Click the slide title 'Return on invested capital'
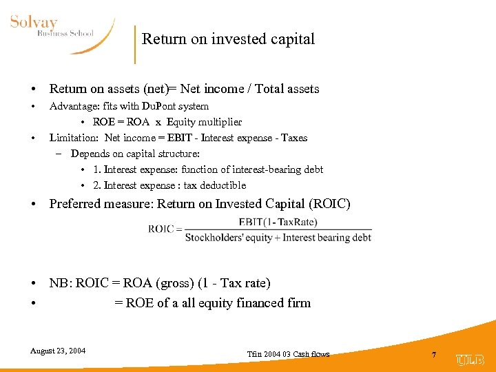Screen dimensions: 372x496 pyautogui.click(x=228, y=39)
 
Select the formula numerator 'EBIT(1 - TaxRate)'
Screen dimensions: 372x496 pyautogui.click(x=278, y=222)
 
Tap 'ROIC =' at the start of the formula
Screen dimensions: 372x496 pyautogui.click(x=165, y=229)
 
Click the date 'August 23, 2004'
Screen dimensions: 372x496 pyautogui.click(x=58, y=351)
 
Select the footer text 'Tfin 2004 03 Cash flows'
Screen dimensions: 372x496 pyautogui.click(x=288, y=354)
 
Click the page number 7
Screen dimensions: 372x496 pyautogui.click(x=434, y=354)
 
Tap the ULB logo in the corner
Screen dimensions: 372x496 pyautogui.click(x=470, y=360)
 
